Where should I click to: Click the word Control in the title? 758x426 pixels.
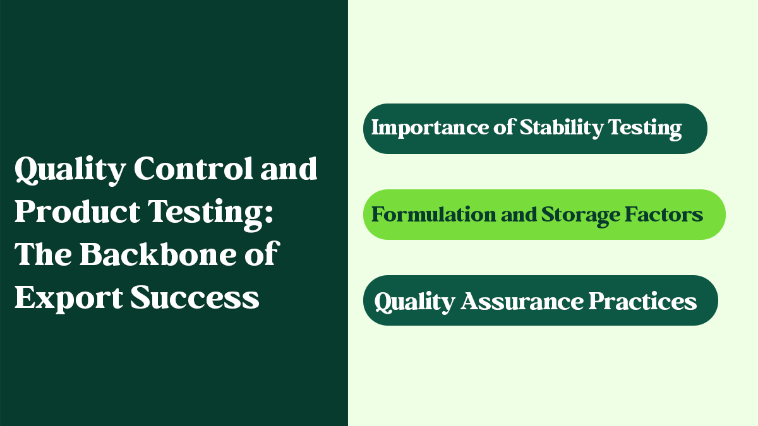193,168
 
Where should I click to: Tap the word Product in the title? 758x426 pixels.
77,211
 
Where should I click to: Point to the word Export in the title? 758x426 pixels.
69,297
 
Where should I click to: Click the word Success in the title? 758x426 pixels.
195,297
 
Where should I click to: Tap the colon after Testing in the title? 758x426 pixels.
268,215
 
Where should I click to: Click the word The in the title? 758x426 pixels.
43,254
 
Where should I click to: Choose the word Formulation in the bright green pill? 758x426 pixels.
434,215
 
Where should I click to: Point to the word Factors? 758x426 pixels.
664,215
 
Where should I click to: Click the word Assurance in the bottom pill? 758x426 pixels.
522,301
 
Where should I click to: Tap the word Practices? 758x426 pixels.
642,301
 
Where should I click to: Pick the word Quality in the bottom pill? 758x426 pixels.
414,302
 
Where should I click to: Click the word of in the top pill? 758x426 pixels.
504,127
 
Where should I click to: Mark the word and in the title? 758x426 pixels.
289,168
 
